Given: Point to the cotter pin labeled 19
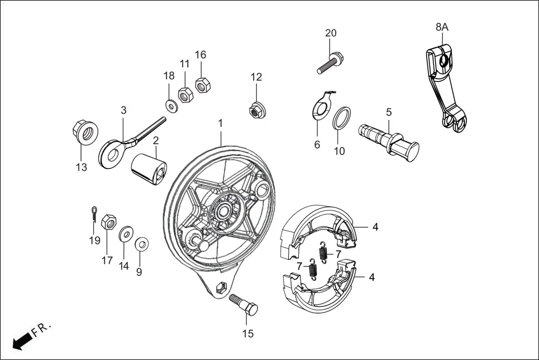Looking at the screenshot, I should [95, 214].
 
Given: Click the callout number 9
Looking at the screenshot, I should [139, 272].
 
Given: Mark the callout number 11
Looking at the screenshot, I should [184, 64].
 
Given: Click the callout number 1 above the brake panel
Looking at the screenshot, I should [221, 122].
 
